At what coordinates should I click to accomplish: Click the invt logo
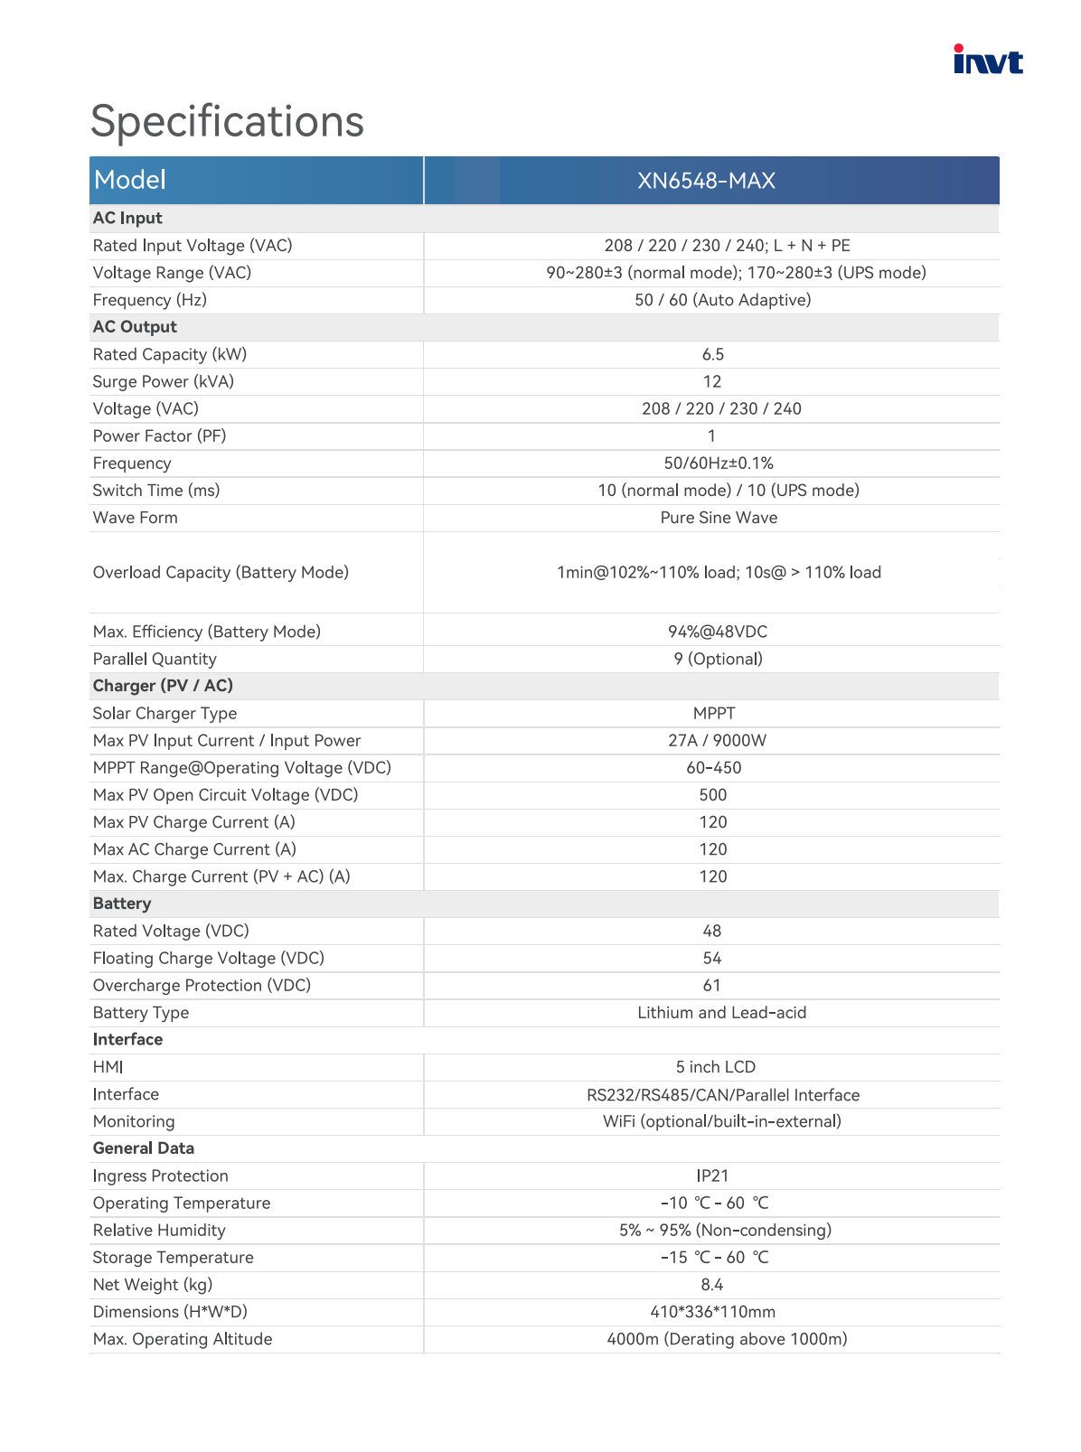click(988, 60)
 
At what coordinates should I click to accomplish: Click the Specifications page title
click(227, 121)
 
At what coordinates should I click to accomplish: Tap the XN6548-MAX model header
click(706, 181)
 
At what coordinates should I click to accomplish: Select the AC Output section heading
click(135, 327)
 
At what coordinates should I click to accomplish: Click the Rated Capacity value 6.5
click(712, 355)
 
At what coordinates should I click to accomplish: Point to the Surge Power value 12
click(712, 382)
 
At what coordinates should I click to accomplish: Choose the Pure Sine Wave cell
click(719, 518)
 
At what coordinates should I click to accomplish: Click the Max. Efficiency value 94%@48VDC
click(718, 632)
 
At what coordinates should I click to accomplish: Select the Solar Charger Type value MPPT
click(713, 714)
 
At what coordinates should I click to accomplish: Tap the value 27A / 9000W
click(717, 741)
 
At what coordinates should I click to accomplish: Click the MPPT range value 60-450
click(713, 768)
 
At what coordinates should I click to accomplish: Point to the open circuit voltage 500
click(712, 795)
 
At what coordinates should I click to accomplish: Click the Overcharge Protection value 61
click(711, 986)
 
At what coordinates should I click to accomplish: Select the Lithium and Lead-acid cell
click(721, 1013)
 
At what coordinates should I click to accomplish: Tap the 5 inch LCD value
click(715, 1067)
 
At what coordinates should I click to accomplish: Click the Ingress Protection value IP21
click(712, 1176)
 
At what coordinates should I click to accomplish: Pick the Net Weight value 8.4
click(711, 1285)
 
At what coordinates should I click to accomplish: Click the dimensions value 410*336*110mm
click(712, 1312)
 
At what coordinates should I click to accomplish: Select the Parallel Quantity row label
click(155, 660)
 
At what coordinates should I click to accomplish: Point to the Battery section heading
click(122, 904)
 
